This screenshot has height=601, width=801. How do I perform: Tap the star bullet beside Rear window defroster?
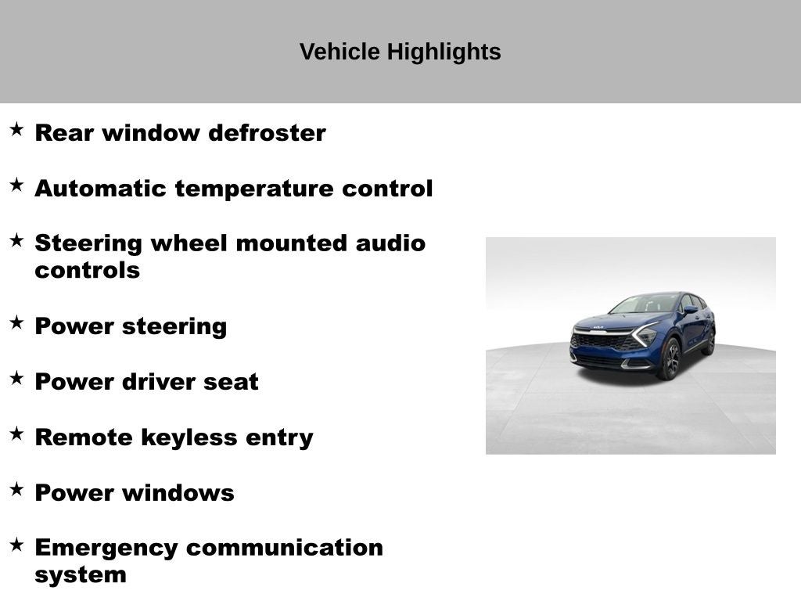[16, 129]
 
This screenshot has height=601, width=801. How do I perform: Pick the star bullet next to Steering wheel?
[16, 240]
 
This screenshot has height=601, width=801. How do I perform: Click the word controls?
[87, 271]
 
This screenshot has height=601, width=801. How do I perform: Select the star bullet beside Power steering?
[16, 322]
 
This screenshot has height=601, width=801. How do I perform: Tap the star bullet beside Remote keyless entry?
[16, 434]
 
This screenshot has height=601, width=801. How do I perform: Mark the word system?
[80, 575]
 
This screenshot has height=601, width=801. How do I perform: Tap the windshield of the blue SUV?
[646, 304]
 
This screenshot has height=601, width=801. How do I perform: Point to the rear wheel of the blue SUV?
[709, 342]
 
